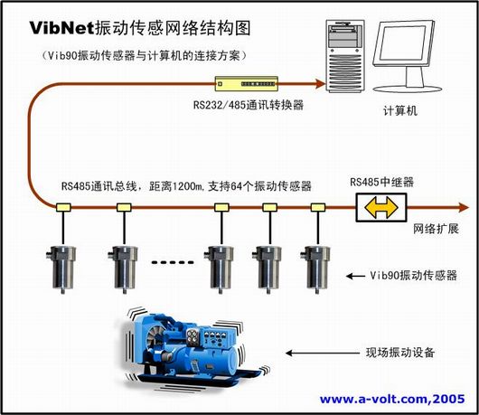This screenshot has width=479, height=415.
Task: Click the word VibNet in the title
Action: tap(61, 28)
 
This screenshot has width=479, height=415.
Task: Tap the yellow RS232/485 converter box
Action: tap(246, 83)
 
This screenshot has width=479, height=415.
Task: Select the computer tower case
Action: tap(345, 56)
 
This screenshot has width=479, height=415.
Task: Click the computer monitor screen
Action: tap(402, 43)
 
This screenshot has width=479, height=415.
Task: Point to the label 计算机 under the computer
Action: tap(400, 110)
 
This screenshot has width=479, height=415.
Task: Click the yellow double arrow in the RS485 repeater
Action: tap(380, 207)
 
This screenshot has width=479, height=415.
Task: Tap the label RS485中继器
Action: tap(382, 182)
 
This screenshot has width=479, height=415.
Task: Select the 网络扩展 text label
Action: tap(436, 229)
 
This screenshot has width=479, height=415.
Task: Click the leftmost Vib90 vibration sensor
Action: tap(61, 269)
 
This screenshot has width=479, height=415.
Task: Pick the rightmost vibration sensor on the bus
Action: tap(316, 269)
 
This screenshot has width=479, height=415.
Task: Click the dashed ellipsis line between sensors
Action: tap(173, 262)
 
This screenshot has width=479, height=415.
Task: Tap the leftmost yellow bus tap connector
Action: tap(63, 208)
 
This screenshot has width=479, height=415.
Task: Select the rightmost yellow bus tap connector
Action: tap(318, 208)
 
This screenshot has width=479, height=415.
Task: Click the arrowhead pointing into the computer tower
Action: tap(321, 83)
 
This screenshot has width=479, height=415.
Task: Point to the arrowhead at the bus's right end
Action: tap(464, 208)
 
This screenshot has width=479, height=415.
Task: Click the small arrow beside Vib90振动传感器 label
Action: tap(355, 277)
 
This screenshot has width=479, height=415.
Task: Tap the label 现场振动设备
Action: tap(400, 353)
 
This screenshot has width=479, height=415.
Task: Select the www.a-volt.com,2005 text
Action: tap(392, 399)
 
